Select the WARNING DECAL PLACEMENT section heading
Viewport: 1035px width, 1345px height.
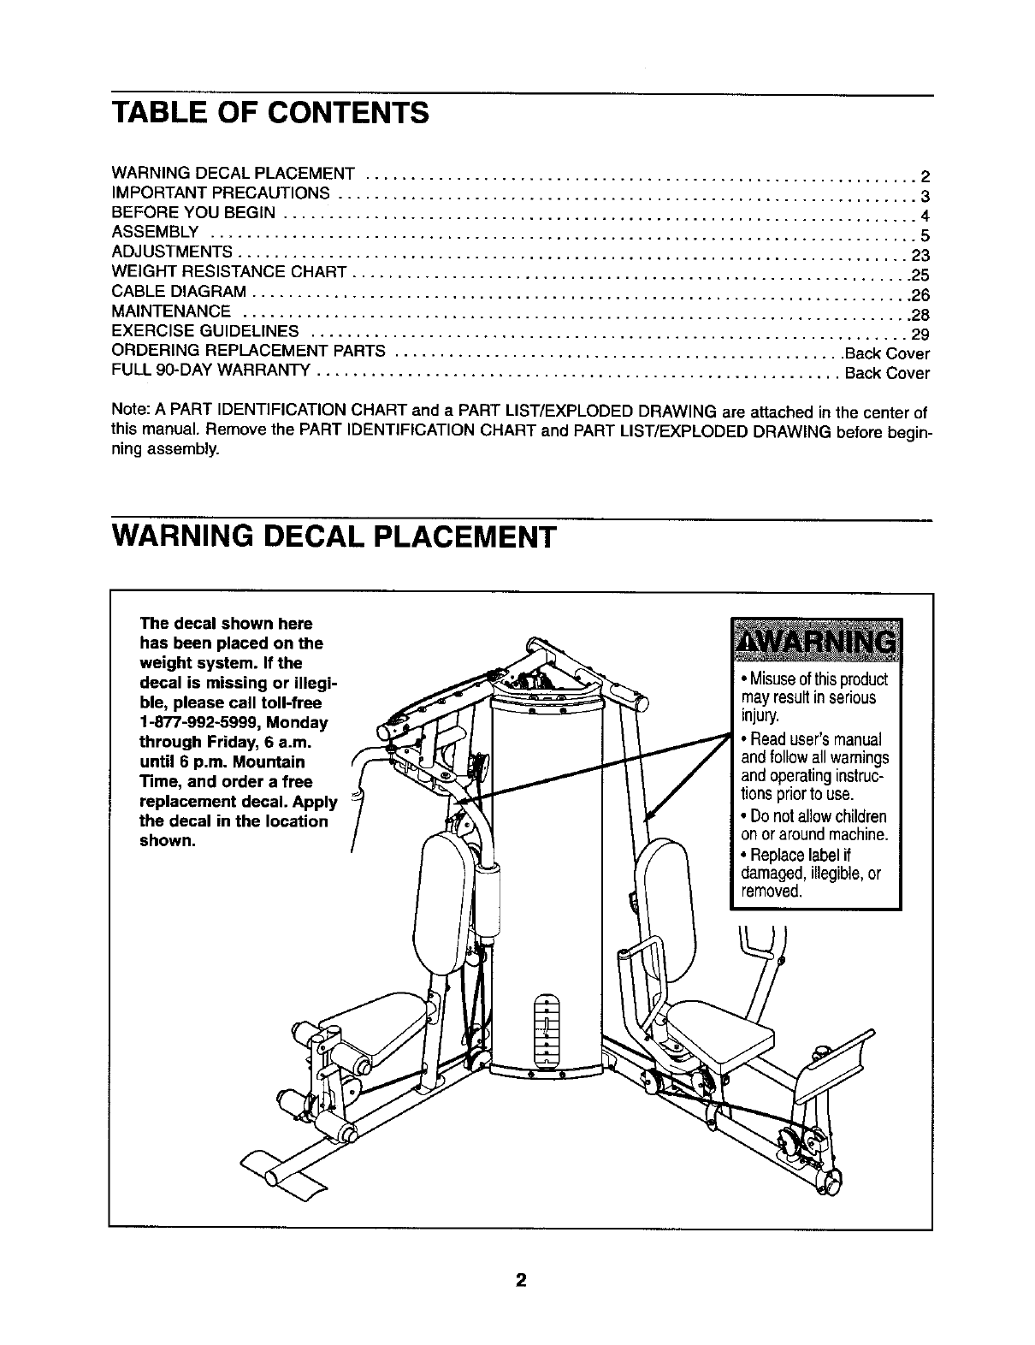[334, 539]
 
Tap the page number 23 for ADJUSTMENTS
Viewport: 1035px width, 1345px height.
[920, 255]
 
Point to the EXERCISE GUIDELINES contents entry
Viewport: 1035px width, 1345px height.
[205, 331]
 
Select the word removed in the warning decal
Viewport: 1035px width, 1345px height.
[771, 891]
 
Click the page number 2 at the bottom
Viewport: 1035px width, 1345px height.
[519, 1281]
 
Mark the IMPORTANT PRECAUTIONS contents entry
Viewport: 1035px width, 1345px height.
[221, 193]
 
